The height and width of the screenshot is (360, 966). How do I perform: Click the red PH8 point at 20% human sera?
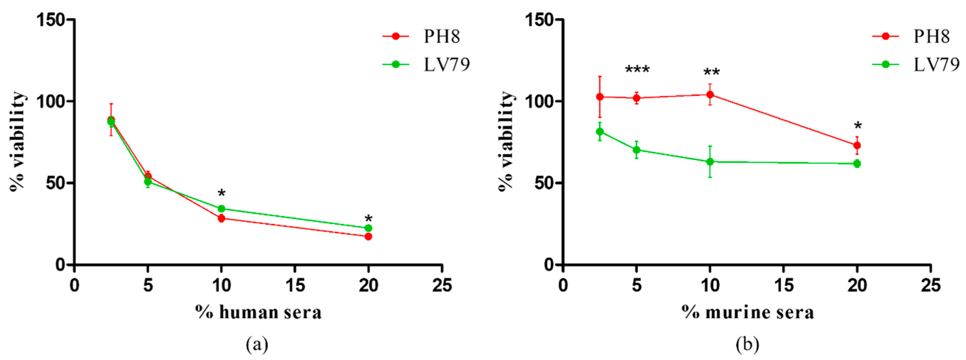tap(368, 236)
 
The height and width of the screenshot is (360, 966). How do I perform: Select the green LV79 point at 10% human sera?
tap(221, 208)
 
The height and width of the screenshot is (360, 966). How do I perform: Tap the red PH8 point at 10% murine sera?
tap(710, 95)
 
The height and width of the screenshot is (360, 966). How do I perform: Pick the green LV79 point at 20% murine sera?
tap(857, 163)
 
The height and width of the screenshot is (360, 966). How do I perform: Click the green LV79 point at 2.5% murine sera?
tap(600, 132)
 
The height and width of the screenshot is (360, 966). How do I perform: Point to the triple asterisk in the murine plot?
tap(637, 70)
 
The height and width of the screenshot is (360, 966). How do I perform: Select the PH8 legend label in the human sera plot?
tap(442, 36)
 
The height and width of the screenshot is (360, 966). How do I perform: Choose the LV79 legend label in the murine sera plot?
tap(936, 65)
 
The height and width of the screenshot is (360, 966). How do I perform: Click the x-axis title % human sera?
tap(258, 312)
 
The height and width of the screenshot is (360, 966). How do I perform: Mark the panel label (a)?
tap(257, 344)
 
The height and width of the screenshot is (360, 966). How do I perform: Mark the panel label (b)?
tap(747, 344)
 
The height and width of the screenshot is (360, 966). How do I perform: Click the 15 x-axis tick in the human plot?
tap(295, 286)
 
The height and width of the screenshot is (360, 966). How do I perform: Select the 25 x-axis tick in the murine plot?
tap(930, 286)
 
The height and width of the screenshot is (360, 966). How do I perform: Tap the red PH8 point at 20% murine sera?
tap(857, 145)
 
